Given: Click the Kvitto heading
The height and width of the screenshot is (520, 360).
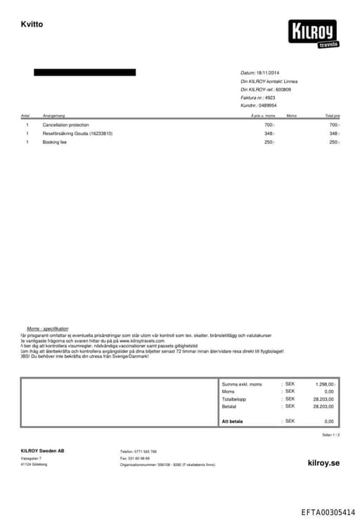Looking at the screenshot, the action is tap(32, 25).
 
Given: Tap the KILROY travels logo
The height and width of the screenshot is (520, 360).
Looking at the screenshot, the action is tap(314, 33).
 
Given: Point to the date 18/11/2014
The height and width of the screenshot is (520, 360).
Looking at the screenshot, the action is tap(268, 73).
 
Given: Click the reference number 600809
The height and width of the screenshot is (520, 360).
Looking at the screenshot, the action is tap(283, 89).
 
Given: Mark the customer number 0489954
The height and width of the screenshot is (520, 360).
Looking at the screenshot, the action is tap(268, 105).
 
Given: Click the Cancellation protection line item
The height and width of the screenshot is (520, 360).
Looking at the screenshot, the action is tap(66, 124).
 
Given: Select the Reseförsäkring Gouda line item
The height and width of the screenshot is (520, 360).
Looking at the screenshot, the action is tap(77, 134).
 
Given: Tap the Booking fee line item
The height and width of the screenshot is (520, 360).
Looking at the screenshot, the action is tap(55, 142).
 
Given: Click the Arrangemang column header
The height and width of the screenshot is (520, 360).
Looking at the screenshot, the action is tap(54, 115).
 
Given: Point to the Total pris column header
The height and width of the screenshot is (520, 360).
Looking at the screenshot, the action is tap(332, 115).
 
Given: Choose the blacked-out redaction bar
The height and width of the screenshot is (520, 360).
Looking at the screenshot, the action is tap(84, 72).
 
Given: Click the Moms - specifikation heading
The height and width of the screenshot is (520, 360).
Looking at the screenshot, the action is tap(47, 329).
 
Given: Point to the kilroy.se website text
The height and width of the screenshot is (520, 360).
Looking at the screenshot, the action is tap(323, 463).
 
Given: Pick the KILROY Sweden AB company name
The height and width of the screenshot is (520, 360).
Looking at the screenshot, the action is tap(42, 450).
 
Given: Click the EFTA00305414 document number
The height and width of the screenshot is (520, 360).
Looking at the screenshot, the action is tap(328, 513).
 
